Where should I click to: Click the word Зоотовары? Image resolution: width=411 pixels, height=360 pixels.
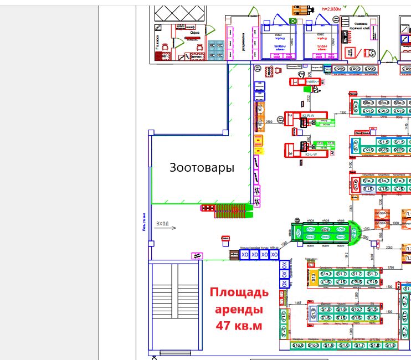(202, 167)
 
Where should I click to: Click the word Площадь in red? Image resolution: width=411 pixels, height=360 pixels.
(239, 292)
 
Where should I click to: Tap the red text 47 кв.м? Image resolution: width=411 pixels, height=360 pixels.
(239, 326)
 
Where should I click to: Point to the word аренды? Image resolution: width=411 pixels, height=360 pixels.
(239, 309)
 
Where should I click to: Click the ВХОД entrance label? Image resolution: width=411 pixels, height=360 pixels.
(162, 223)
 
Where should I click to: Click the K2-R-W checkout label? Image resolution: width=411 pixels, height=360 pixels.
(309, 116)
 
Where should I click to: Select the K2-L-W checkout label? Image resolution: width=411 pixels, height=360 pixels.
(311, 155)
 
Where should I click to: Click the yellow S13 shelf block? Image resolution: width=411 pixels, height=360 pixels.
(313, 277)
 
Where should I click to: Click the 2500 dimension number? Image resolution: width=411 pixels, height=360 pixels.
(269, 121)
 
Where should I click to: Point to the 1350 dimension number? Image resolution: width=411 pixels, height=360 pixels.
(342, 112)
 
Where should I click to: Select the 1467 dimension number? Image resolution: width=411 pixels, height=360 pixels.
(297, 303)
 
